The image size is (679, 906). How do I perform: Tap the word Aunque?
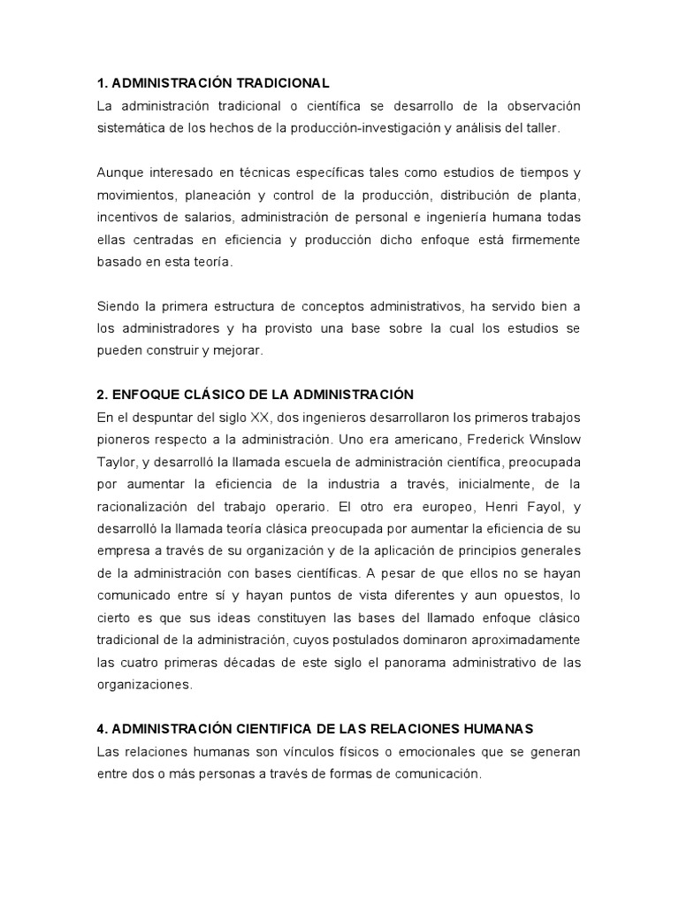[118, 172]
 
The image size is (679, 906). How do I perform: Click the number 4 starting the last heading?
[101, 729]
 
